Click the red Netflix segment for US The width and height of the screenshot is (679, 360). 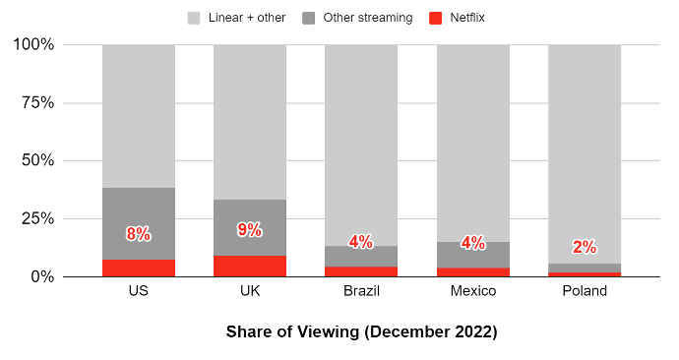tap(139, 269)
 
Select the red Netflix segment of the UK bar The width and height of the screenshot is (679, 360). tap(250, 267)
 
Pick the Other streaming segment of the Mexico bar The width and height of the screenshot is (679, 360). tap(473, 255)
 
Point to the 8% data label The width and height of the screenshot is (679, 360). tap(139, 234)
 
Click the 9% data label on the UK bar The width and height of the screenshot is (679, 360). tap(250, 230)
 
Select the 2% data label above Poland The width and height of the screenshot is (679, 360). tap(585, 248)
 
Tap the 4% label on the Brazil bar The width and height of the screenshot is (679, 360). tap(361, 242)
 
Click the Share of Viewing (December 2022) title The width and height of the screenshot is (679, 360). tap(361, 331)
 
